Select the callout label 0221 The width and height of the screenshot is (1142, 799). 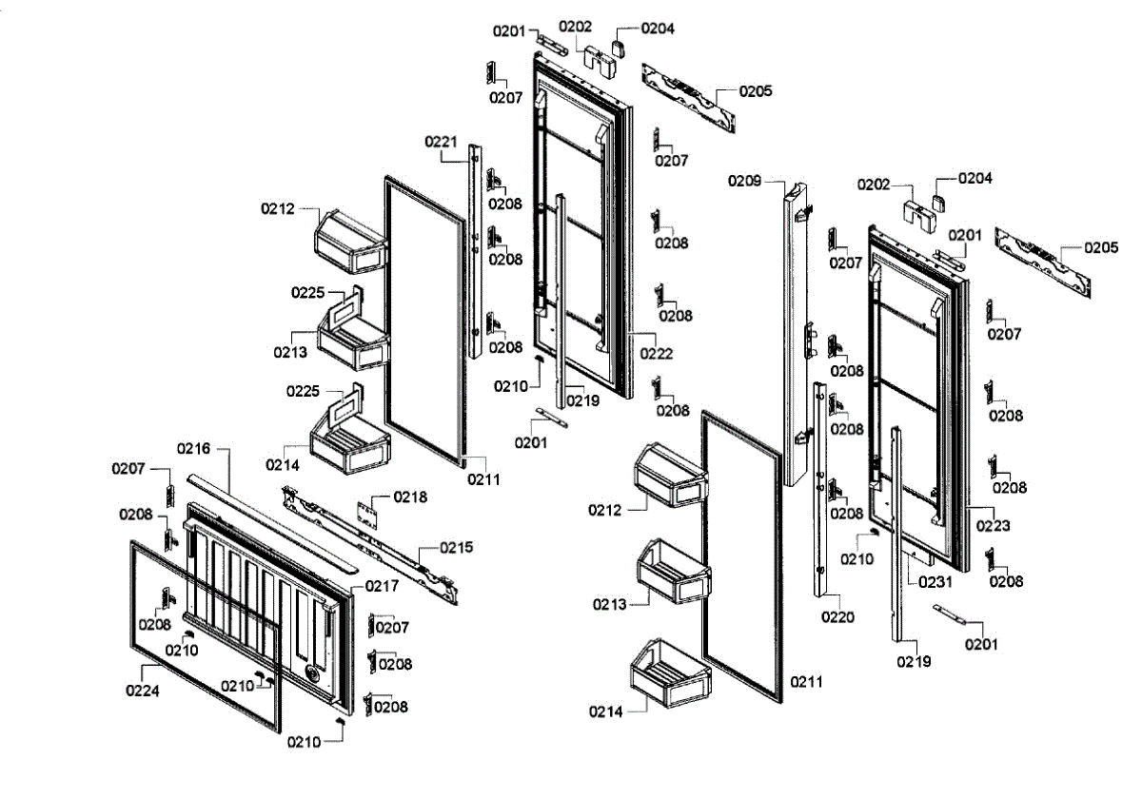(441, 142)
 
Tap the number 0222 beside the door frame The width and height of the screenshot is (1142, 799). (656, 354)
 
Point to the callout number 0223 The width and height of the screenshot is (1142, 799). (994, 525)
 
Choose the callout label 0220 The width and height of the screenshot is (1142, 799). (837, 617)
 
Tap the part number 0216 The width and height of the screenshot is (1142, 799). (193, 447)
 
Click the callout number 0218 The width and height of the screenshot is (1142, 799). (411, 497)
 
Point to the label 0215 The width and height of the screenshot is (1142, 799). (456, 548)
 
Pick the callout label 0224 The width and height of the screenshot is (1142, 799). (143, 691)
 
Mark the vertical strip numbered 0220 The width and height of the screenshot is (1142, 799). (821, 485)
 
